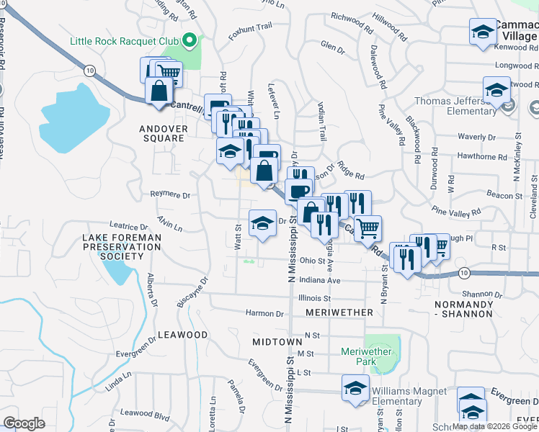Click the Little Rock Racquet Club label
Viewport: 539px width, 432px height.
(124, 40)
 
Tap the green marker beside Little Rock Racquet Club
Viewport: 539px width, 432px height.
(190, 40)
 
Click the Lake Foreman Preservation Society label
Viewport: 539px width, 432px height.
(121, 246)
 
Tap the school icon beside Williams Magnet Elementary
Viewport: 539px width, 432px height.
(355, 389)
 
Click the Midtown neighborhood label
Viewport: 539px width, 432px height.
(277, 341)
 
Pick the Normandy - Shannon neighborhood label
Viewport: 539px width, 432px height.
(464, 309)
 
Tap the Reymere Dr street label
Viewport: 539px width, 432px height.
(170, 194)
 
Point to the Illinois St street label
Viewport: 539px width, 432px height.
(314, 297)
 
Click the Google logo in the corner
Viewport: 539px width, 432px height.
(24, 424)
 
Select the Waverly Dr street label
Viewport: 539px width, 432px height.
(471, 137)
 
